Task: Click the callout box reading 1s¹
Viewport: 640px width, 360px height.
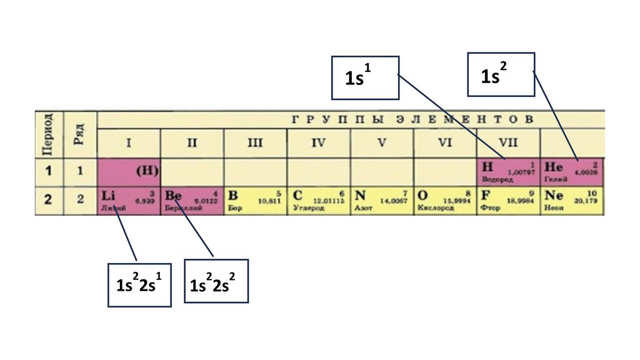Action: tap(365, 77)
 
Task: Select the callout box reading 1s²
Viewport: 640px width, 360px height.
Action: tap(501, 74)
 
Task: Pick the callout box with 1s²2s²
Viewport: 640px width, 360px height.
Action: tap(216, 281)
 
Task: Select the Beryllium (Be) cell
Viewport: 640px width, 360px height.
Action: tap(192, 201)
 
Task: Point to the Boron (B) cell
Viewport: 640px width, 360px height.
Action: tap(256, 201)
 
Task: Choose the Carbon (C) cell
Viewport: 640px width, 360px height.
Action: tap(319, 201)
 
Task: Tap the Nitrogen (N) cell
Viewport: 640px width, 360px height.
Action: tap(382, 201)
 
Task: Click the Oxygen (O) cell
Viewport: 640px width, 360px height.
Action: tap(445, 201)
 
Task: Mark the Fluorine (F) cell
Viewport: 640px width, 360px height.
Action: tap(508, 201)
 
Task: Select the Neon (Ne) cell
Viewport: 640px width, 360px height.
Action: tap(572, 201)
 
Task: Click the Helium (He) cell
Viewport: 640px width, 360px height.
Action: tap(572, 172)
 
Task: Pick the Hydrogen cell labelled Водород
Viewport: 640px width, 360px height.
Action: tap(508, 172)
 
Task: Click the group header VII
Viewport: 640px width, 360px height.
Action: tap(508, 143)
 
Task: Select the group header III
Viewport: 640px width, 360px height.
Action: tap(255, 143)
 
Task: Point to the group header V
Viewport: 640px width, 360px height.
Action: tap(382, 143)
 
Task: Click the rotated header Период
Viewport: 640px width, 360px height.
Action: tap(49, 134)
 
